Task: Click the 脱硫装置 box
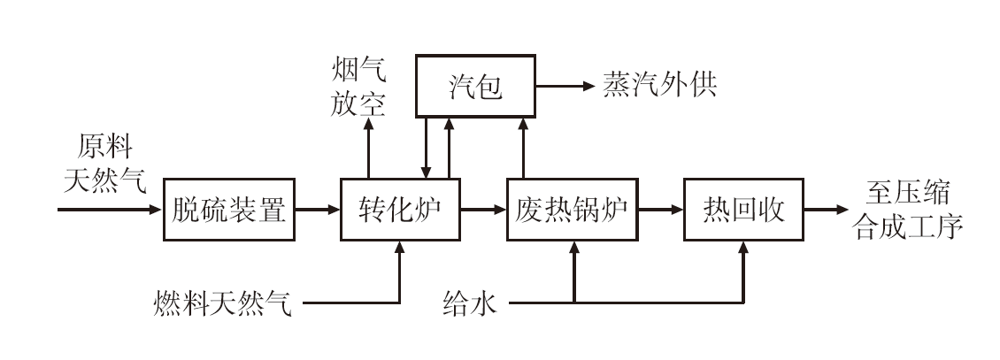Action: [x=229, y=210]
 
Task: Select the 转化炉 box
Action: [x=400, y=210]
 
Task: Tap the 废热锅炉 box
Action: [x=573, y=210]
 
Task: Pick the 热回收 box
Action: [x=742, y=210]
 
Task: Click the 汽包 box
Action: [x=476, y=87]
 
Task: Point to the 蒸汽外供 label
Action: [x=659, y=86]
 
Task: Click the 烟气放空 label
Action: [x=359, y=87]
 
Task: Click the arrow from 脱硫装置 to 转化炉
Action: [x=317, y=210]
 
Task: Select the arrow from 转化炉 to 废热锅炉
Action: [x=483, y=210]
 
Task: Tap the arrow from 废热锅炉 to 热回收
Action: [x=661, y=210]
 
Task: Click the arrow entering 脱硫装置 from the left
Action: [x=111, y=210]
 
